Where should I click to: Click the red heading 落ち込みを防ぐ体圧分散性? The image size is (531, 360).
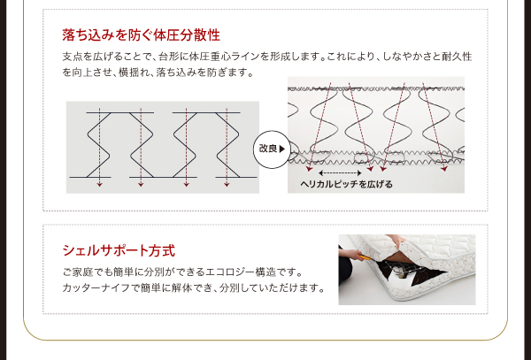click(x=142, y=34)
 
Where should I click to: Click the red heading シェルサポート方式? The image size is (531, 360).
click(x=119, y=250)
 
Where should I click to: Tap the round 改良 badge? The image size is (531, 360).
click(x=272, y=149)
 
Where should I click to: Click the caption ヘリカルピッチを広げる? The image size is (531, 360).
click(x=346, y=184)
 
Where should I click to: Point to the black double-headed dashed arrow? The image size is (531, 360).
click(x=340, y=173)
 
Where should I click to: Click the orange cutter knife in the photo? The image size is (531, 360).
click(x=365, y=257)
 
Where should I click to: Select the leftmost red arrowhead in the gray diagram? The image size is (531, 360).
click(x=99, y=184)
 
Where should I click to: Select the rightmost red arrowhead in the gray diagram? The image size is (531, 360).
click(x=227, y=184)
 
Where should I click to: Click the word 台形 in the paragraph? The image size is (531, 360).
click(x=166, y=57)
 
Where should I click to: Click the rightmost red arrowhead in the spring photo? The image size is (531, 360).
click(x=444, y=169)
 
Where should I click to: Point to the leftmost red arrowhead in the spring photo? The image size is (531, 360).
click(x=309, y=168)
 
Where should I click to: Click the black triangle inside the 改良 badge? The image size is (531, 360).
click(x=281, y=149)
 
